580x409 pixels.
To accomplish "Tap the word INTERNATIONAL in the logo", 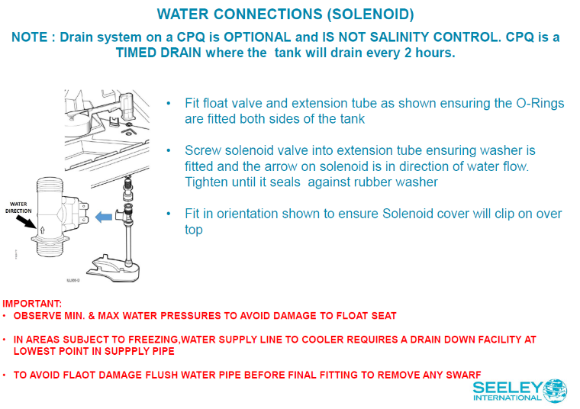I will (506, 398).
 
